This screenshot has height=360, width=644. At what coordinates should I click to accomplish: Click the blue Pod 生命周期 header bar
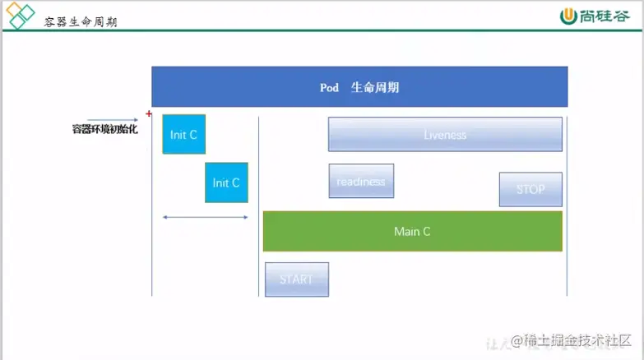point(359,86)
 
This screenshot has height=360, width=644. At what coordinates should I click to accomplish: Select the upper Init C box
point(183,134)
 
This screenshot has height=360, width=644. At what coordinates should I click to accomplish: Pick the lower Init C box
point(226,182)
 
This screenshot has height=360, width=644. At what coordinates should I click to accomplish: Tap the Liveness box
point(445,134)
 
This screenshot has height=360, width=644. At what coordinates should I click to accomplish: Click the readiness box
point(361,181)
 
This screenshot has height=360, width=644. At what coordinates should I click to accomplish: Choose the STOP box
point(530,189)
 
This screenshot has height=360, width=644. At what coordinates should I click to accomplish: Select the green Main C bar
point(412,231)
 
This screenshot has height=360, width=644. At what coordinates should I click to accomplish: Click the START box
point(296,279)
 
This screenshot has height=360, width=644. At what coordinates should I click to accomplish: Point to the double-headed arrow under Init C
point(205,217)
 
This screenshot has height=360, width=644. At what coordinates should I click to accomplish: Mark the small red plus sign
point(149,113)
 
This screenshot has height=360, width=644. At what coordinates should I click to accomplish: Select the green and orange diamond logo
point(21,16)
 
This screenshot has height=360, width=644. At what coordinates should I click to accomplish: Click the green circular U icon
point(568,16)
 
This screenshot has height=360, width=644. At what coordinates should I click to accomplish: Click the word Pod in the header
point(329,87)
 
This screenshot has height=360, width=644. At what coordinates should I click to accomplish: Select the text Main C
point(412,232)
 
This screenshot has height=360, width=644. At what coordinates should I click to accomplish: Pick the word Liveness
point(445,135)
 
